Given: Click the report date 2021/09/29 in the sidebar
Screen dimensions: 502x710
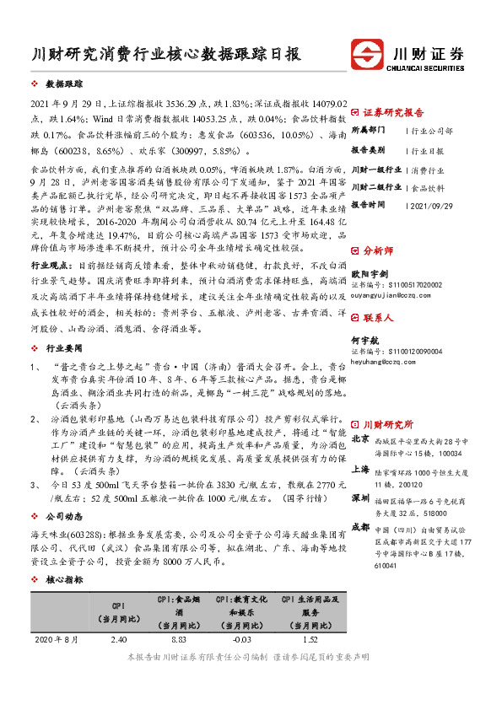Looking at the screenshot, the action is tap(433, 204).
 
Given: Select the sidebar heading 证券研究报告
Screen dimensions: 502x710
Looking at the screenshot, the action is tap(393, 111).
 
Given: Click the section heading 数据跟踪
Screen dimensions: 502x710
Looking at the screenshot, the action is tap(63, 85).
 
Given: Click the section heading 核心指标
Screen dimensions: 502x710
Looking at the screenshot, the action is tap(63, 580).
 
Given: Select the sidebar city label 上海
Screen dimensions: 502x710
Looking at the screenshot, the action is tap(359, 466).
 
